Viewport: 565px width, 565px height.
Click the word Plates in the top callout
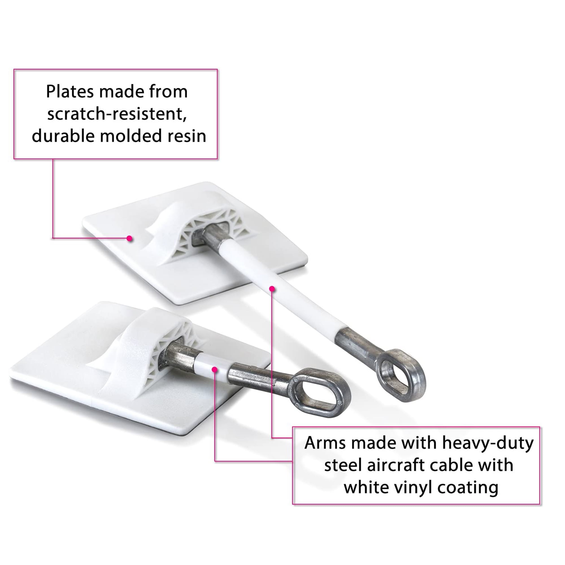tap(70, 92)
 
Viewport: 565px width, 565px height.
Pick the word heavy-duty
tap(488, 444)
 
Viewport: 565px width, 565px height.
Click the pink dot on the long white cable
tap(272, 289)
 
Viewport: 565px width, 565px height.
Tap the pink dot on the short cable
tap(215, 370)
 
